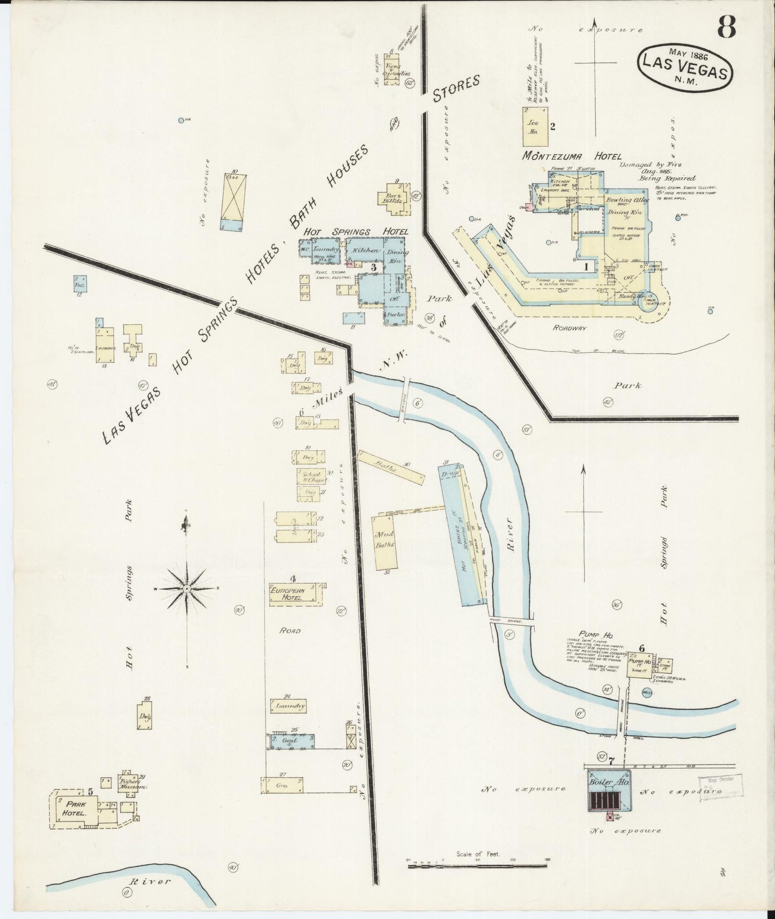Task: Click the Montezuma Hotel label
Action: [572, 157]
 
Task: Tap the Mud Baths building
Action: [386, 542]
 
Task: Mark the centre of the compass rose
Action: [186, 588]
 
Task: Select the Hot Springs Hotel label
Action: [356, 232]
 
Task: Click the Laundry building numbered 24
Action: [290, 706]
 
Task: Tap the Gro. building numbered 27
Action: [282, 785]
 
